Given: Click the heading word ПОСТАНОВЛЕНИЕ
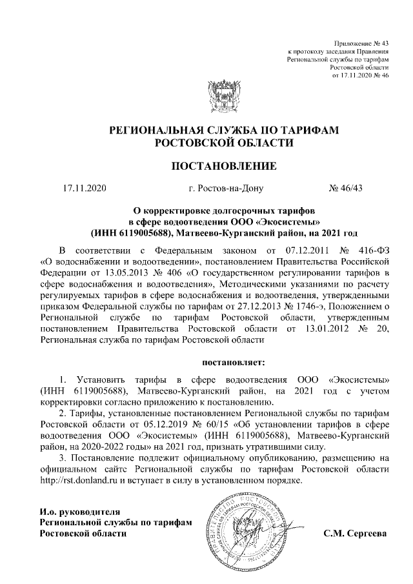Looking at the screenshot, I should point(223,166).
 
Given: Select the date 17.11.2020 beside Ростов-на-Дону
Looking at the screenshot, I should point(84,189).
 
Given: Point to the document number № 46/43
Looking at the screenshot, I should point(347,189).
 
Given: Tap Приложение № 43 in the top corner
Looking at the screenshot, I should point(364,42).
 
